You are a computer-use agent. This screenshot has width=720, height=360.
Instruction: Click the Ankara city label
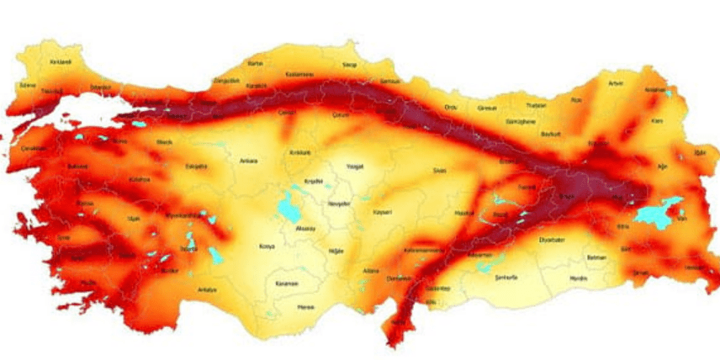[248, 161]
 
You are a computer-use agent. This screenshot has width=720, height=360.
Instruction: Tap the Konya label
[267, 246]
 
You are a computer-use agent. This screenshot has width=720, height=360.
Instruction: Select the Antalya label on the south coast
[207, 290]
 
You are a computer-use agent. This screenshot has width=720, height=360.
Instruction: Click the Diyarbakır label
[551, 239]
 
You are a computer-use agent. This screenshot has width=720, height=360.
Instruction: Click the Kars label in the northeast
[658, 121]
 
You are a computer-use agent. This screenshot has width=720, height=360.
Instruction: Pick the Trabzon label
[536, 105]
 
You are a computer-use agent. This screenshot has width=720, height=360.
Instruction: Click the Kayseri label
[382, 212]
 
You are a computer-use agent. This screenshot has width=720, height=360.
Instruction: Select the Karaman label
[287, 283]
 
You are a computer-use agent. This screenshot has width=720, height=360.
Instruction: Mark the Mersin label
[305, 307]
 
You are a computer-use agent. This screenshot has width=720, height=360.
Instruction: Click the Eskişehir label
[196, 167]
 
